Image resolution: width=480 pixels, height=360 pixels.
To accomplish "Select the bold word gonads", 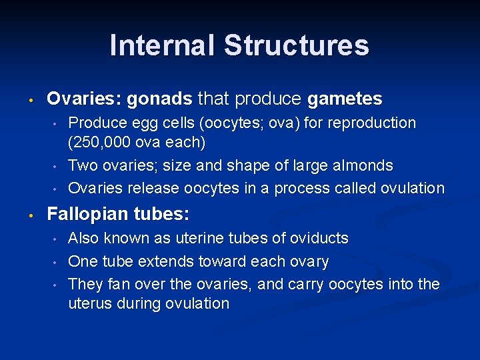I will [x=159, y=99].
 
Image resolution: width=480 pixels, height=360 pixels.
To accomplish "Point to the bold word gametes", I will [x=345, y=99].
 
